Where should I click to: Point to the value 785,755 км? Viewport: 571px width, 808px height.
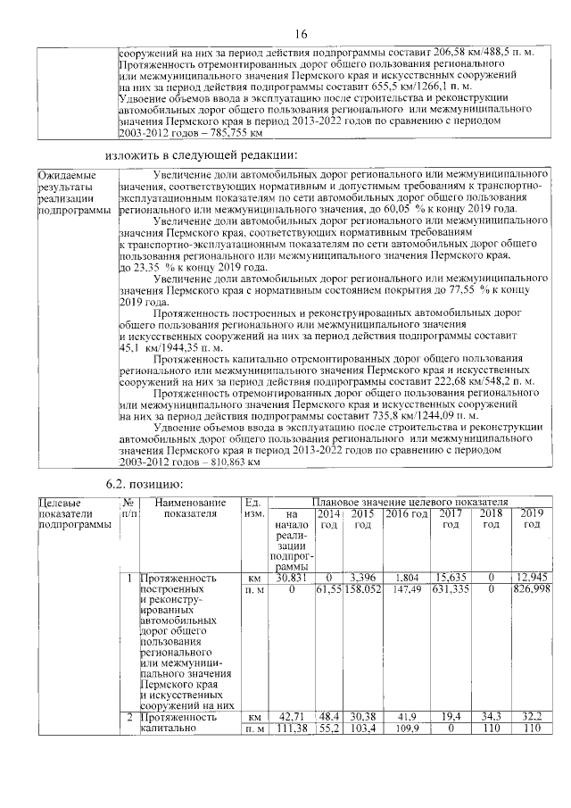tap(228, 134)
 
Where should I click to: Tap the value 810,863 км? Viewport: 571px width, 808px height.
tap(228, 463)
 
